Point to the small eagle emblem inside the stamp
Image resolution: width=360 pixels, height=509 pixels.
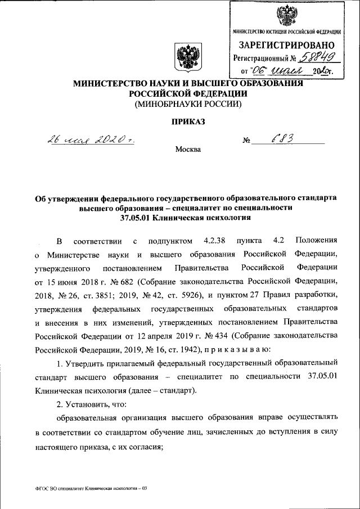[x=287, y=14]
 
